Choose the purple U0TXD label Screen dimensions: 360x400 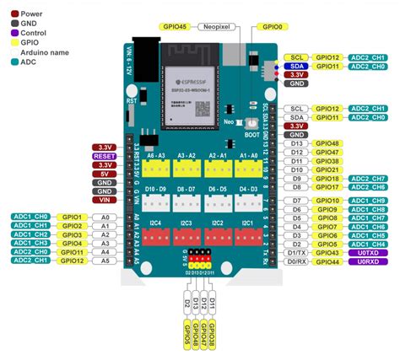point(367,253)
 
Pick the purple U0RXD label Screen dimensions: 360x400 point(367,262)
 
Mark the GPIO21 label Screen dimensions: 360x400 point(327,169)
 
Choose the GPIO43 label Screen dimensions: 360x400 point(327,253)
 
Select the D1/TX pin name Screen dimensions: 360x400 point(295,253)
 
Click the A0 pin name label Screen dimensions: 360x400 point(105,217)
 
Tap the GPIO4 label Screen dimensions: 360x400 point(71,244)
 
